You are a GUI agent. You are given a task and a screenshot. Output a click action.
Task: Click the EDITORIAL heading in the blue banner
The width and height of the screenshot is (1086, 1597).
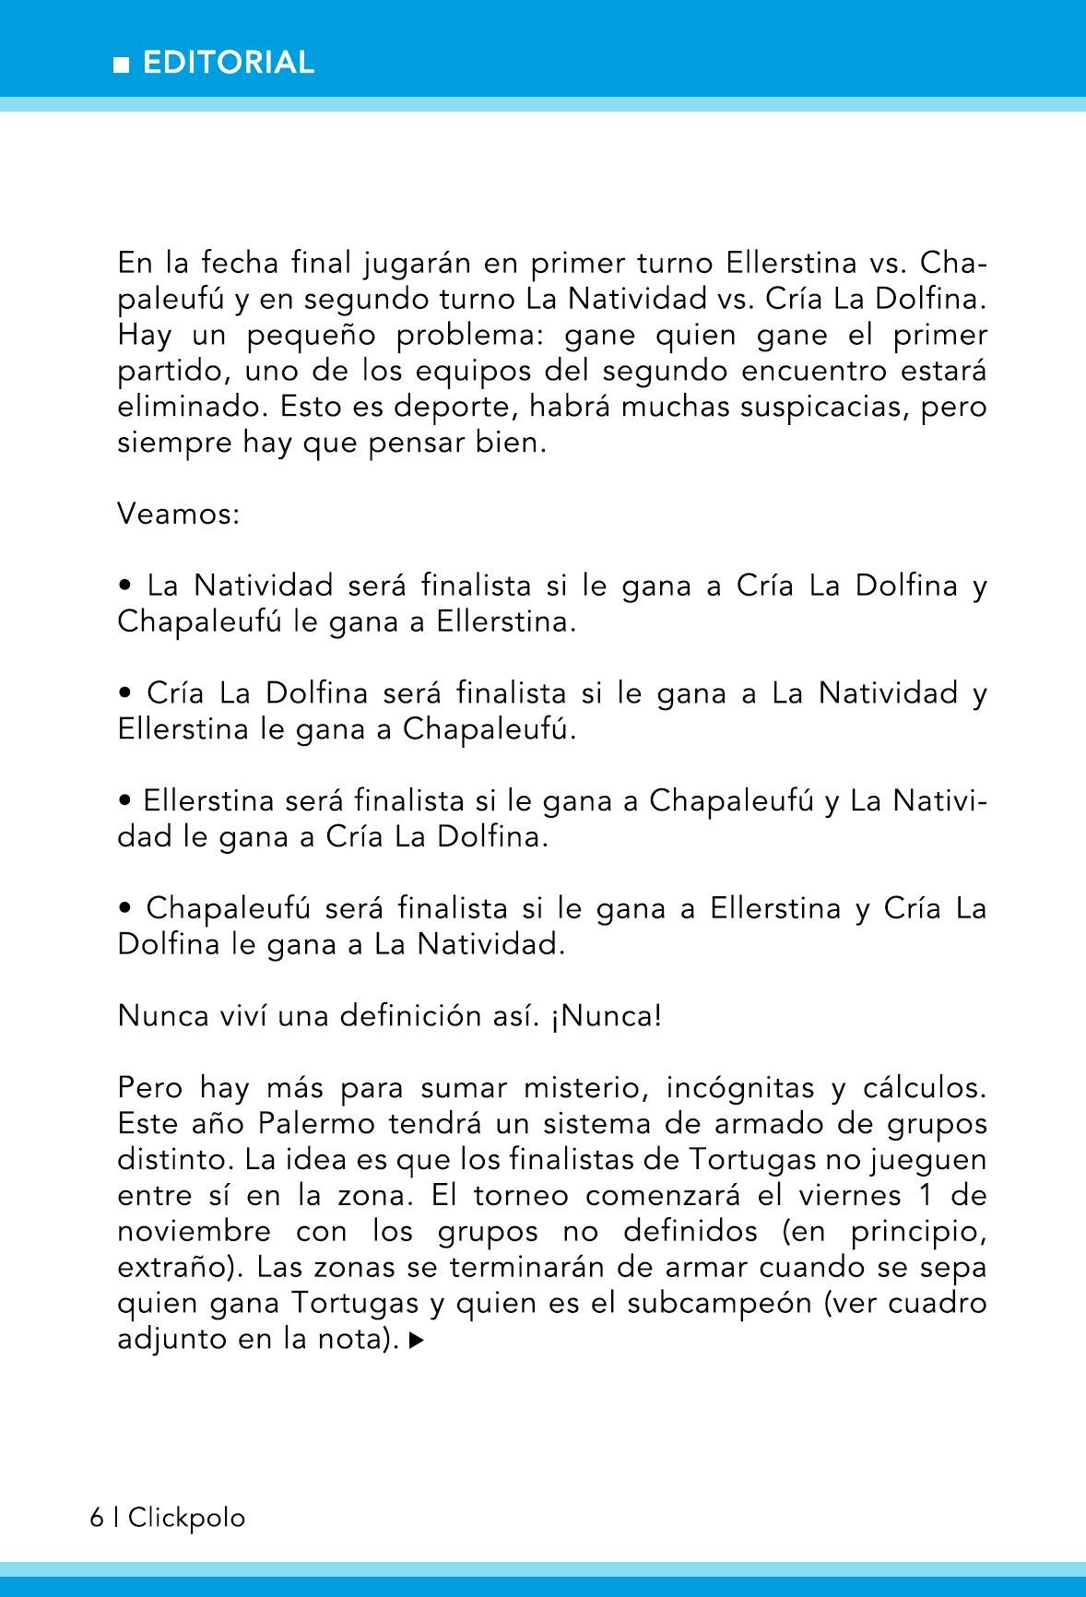(230, 63)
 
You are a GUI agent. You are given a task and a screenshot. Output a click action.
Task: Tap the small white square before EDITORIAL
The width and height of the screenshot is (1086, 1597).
(121, 65)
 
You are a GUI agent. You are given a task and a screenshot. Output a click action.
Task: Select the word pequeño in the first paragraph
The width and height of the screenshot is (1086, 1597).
(313, 335)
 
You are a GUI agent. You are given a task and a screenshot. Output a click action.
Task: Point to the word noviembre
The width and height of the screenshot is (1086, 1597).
(195, 1232)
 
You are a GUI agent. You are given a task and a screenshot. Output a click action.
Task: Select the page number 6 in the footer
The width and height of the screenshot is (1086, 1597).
(97, 1518)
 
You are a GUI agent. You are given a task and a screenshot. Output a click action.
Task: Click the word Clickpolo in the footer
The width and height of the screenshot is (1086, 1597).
(187, 1518)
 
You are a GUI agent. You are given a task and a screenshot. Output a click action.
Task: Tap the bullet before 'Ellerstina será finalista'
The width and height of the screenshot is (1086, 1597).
(124, 801)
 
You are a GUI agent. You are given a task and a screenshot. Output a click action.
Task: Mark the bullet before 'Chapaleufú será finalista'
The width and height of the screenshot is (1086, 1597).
(124, 909)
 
